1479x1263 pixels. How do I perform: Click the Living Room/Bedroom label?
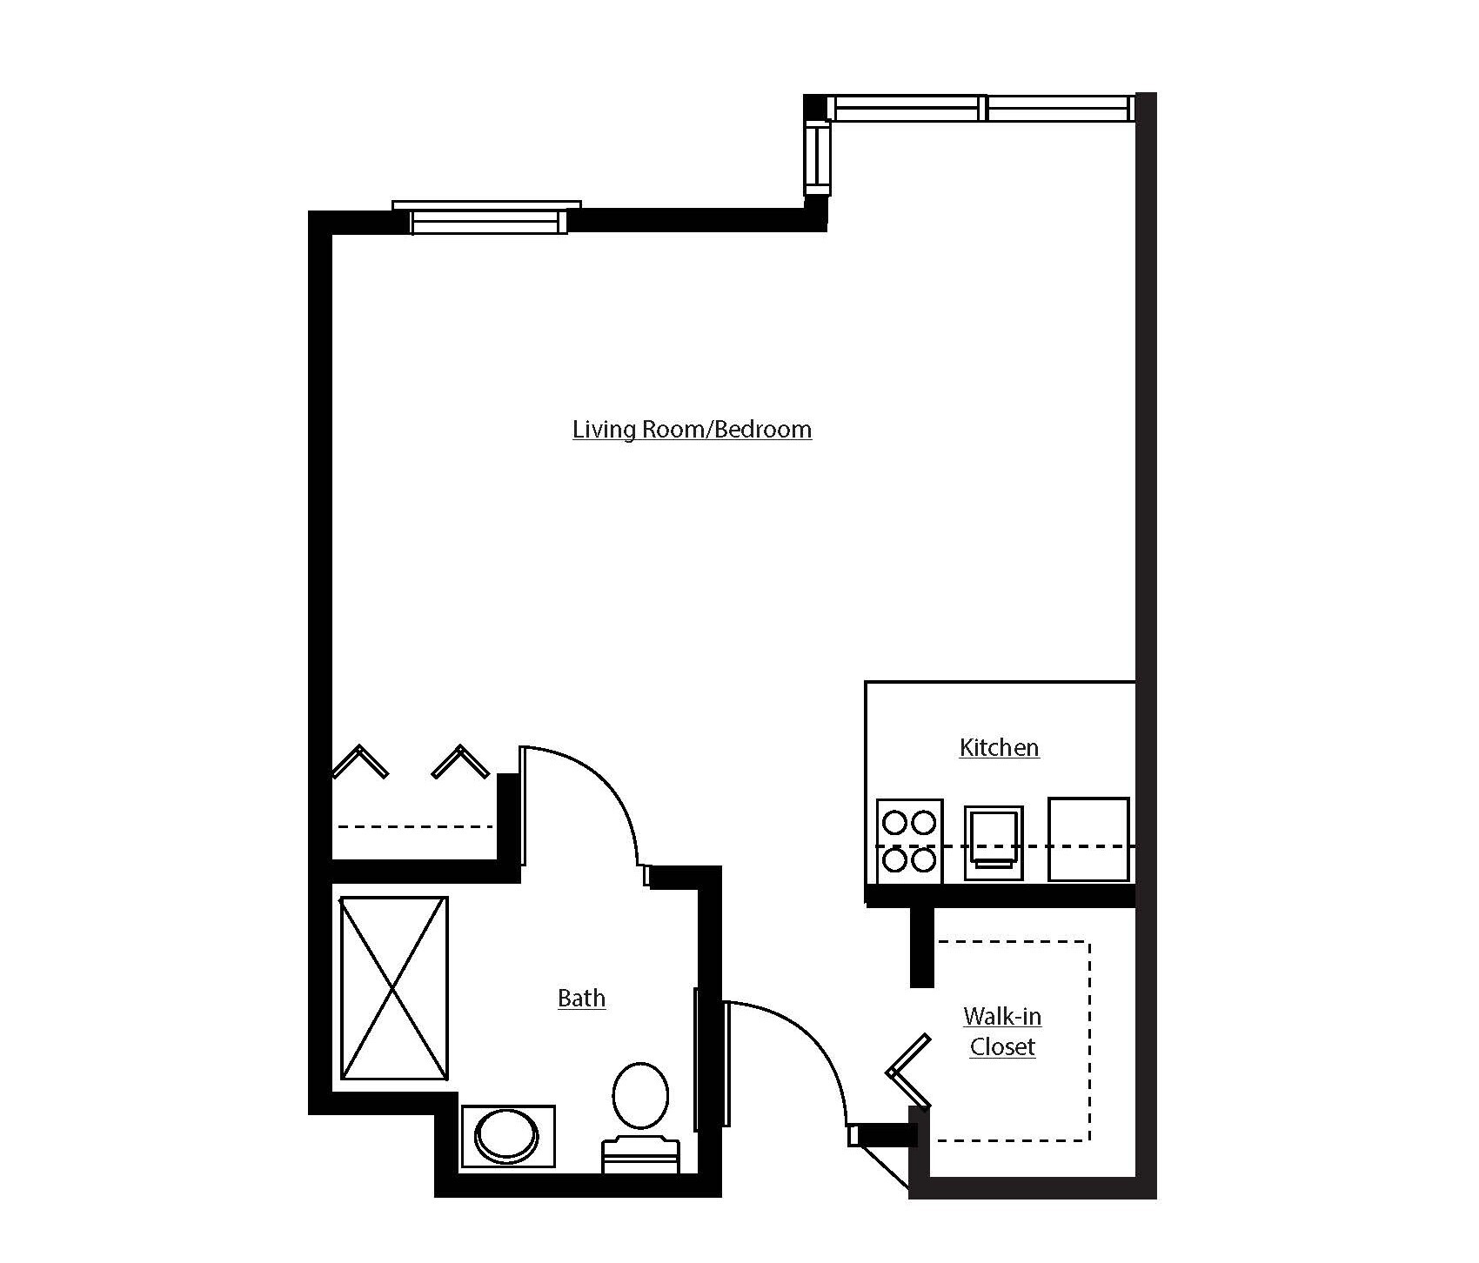click(x=692, y=430)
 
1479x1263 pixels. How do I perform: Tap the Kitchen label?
click(x=999, y=748)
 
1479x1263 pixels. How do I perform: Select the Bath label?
click(x=581, y=999)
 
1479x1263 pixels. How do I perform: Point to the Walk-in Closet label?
click(x=1002, y=1032)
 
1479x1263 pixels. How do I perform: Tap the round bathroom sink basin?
click(x=505, y=1135)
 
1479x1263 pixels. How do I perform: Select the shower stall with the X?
click(x=394, y=988)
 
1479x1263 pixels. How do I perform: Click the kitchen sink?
click(x=993, y=838)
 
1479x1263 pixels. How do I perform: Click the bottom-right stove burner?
click(x=924, y=861)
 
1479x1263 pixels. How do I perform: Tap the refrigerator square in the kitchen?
click(x=1088, y=839)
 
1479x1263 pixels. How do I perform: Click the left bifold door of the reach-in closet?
click(x=359, y=761)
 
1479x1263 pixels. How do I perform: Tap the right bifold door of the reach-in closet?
click(x=461, y=761)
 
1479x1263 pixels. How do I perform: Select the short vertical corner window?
click(x=818, y=157)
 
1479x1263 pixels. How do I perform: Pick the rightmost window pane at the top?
click(x=1059, y=109)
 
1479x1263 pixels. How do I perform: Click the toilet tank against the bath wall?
click(x=640, y=1155)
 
